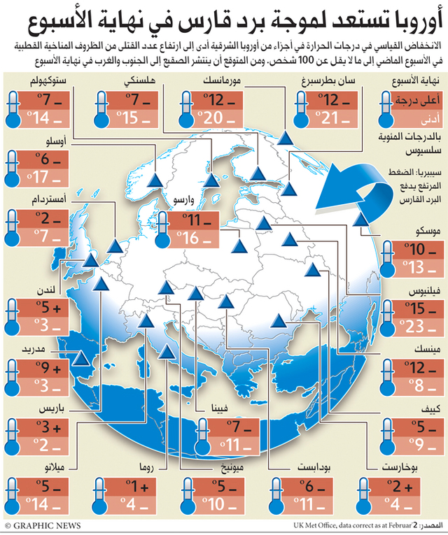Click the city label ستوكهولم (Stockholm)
click(48, 82)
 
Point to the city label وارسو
click(183, 199)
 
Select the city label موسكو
click(428, 231)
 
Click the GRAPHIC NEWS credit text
click(43, 526)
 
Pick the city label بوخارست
click(400, 467)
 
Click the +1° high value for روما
click(137, 487)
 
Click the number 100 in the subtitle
click(306, 61)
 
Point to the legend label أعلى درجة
click(418, 100)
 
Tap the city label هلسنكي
click(139, 81)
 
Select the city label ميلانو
click(55, 467)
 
